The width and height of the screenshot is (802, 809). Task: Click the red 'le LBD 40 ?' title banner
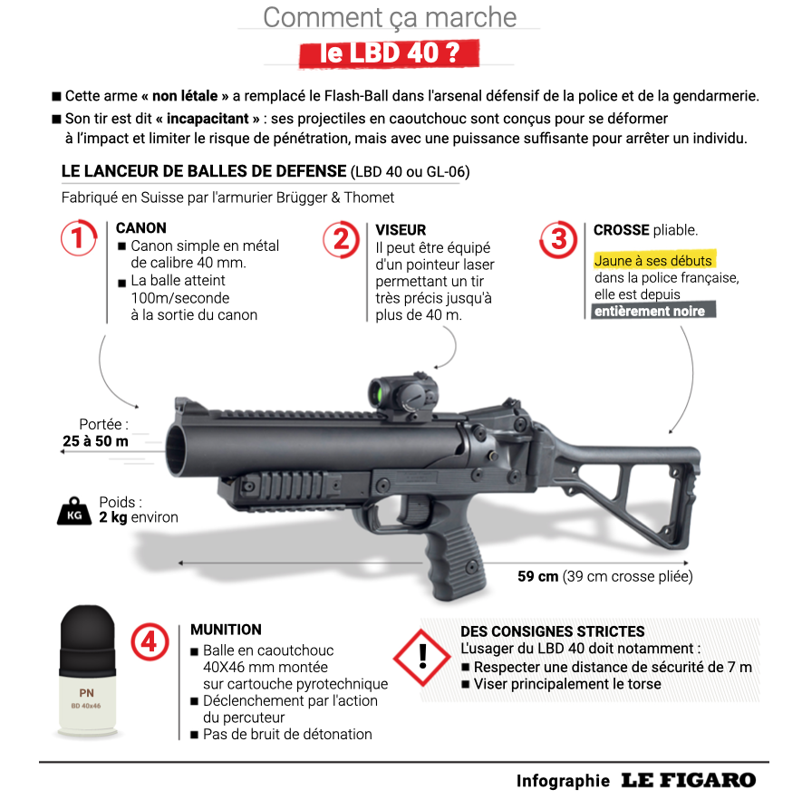click(x=389, y=53)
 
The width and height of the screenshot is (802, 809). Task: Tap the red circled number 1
click(x=79, y=238)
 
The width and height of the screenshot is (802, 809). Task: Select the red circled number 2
click(x=341, y=239)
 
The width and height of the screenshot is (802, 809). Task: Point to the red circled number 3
click(x=558, y=239)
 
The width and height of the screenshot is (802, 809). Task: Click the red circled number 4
click(x=150, y=641)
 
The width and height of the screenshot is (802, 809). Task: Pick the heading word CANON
click(x=140, y=228)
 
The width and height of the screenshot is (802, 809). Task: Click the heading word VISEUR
click(x=401, y=230)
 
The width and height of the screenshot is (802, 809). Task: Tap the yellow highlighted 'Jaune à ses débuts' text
click(x=653, y=261)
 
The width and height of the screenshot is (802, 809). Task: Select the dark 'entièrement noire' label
click(x=653, y=311)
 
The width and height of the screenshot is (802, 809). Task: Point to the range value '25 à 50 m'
click(x=95, y=441)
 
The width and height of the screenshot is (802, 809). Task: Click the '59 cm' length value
click(x=537, y=576)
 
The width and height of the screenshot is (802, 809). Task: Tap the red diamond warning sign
click(x=422, y=658)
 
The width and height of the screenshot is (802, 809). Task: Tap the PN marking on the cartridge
click(x=86, y=693)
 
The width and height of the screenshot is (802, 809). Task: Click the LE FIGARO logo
click(x=689, y=781)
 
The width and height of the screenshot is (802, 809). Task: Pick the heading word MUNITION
click(x=226, y=630)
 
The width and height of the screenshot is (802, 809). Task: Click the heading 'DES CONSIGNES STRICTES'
click(x=552, y=631)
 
